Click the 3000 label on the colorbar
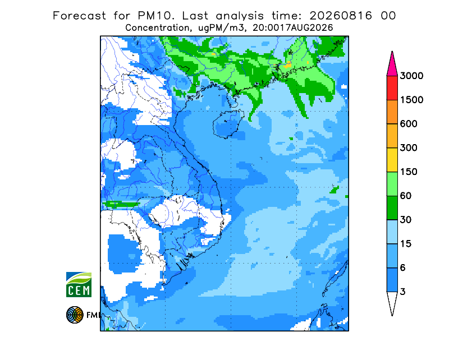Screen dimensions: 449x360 coord(411,76)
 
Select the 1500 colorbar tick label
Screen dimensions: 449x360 coord(411,100)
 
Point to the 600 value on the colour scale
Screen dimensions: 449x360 coord(409,124)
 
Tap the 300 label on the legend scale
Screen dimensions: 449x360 coord(409,148)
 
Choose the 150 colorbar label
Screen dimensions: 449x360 coord(409,172)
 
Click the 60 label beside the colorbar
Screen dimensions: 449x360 coord(406,196)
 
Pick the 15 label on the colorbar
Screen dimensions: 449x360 coord(406,244)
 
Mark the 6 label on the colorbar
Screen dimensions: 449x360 coord(403,268)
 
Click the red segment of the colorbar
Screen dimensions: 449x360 coord(392,88)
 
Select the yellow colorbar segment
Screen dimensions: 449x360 coord(392,160)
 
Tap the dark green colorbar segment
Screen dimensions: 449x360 coord(392,208)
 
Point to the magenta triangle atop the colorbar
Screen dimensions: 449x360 coord(392,66)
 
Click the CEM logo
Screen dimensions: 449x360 coord(79,284)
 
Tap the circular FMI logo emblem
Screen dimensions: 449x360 coord(75,315)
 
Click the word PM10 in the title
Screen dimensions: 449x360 coord(156,16)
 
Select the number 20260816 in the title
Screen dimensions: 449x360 coord(341,16)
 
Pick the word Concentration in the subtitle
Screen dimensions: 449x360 coord(157,28)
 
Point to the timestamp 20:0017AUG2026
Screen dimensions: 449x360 coord(292,28)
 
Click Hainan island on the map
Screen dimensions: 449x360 coord(228,124)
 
